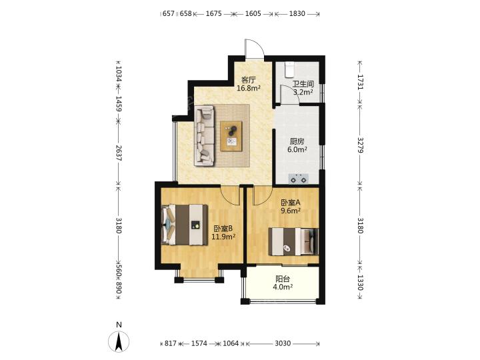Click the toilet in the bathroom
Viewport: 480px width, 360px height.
coord(289,70)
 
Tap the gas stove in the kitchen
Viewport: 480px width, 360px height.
coord(299,179)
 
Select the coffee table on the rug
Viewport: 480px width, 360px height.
coord(231,136)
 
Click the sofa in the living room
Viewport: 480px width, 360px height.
coord(204,136)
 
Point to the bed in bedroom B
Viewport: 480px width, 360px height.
coord(185,225)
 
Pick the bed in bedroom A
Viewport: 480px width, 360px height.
coord(293,241)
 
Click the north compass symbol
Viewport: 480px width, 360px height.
coord(119,341)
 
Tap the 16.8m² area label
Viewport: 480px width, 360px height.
coord(249,89)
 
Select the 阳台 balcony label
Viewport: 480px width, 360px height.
coord(283,279)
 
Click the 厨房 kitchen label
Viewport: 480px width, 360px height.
coord(297,141)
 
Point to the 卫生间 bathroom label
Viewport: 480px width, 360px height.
coord(303,84)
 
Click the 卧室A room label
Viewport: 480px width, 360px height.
coord(291,203)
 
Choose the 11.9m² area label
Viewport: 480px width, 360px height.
coord(223,237)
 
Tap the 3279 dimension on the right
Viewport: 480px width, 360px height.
coord(360,145)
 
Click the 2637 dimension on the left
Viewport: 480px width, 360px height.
coord(119,153)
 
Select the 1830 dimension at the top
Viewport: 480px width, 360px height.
coord(297,13)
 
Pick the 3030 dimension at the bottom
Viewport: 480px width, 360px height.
coord(283,343)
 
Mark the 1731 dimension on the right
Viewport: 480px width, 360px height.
coord(360,82)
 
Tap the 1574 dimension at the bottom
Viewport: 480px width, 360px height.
coord(199,343)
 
